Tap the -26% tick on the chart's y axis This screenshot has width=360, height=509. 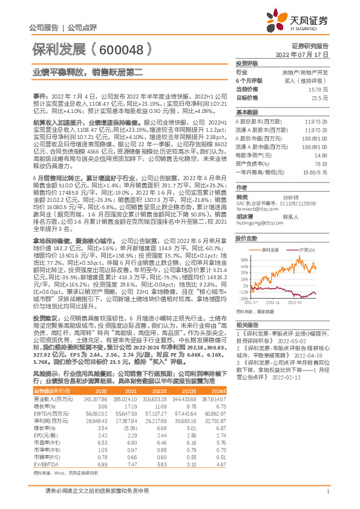[243, 298]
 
